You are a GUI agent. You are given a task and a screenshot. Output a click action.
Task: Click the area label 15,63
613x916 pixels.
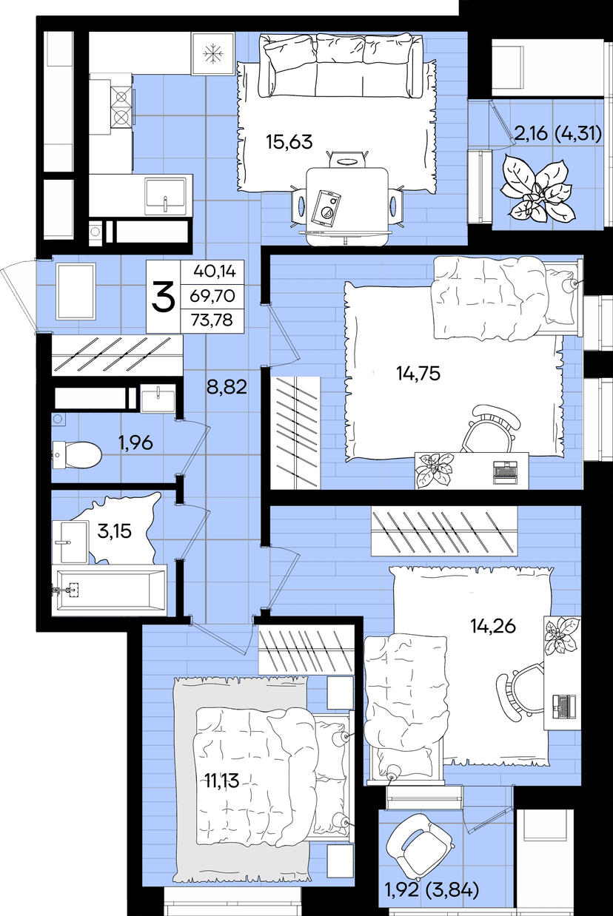tap(289, 141)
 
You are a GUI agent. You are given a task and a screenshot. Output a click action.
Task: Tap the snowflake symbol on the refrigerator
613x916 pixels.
tap(212, 54)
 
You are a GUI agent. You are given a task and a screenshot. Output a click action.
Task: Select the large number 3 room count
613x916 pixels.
tap(164, 296)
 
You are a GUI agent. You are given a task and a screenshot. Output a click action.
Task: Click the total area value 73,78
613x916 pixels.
tap(212, 320)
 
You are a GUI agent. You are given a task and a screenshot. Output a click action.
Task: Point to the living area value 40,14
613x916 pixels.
tap(215, 271)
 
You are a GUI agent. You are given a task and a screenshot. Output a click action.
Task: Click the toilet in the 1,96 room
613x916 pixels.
tap(76, 454)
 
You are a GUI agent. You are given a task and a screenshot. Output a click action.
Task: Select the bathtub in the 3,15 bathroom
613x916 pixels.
tap(110, 590)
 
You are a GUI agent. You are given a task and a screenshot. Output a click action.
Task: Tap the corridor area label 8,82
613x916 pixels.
tap(227, 386)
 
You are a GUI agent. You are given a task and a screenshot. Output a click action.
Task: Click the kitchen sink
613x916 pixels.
tap(165, 195)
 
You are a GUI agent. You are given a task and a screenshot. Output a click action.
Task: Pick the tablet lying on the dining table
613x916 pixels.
tap(326, 207)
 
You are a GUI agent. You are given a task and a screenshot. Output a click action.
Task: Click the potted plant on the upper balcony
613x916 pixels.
tap(537, 189)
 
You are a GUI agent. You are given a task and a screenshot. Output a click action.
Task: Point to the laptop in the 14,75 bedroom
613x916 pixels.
tap(505, 472)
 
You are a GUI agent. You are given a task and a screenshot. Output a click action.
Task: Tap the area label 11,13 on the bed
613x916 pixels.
tap(222, 781)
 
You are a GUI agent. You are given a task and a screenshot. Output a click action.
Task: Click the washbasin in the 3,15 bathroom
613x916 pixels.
tap(70, 542)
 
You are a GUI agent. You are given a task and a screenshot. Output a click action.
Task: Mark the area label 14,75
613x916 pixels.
tap(418, 373)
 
